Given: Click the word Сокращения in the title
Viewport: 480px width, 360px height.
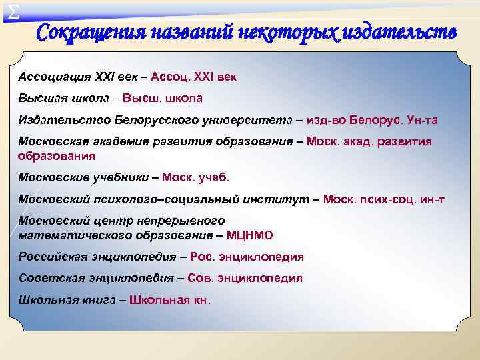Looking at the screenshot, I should (90, 33).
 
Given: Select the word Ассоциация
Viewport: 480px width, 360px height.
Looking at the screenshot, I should (52, 77).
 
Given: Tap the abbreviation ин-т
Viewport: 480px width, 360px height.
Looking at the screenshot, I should (430, 199).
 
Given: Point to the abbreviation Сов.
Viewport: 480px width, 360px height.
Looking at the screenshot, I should (199, 278).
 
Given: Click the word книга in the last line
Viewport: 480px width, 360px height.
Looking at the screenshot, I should (95, 299).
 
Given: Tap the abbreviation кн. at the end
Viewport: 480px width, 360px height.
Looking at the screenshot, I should (199, 299).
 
